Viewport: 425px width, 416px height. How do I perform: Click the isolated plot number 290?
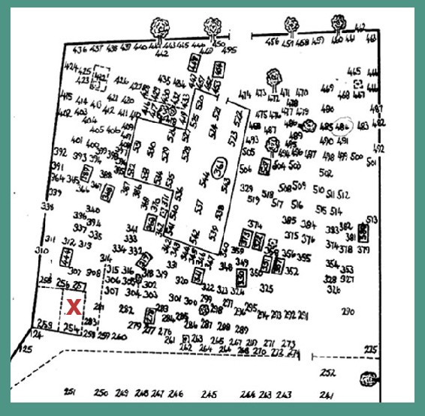(x=348, y=312)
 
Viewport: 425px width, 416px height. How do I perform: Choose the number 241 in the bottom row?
(x=326, y=395)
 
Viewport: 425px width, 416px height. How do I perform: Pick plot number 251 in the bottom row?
(x=71, y=393)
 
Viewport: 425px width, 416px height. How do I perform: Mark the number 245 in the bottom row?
(x=209, y=394)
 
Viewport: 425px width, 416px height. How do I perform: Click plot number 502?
(x=326, y=172)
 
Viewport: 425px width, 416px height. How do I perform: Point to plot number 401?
(x=77, y=140)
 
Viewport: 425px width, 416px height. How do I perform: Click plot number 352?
(x=293, y=271)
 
